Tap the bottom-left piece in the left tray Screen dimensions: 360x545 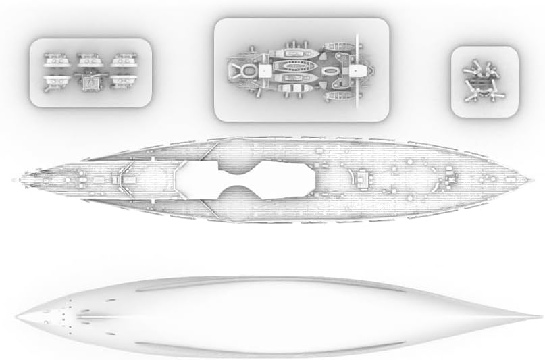[53, 82]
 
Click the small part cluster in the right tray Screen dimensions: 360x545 [483, 82]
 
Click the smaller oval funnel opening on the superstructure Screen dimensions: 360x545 [330, 70]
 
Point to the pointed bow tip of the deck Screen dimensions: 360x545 [532, 181]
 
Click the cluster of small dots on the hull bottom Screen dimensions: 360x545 [61, 312]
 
